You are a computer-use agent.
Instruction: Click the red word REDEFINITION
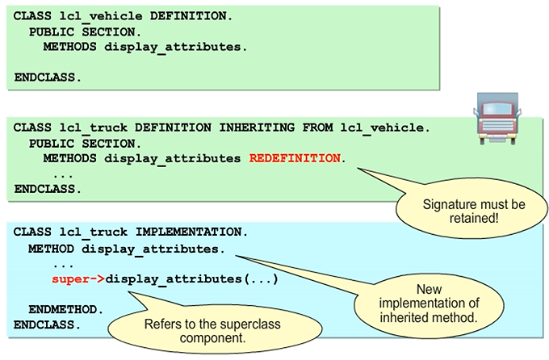[295, 158]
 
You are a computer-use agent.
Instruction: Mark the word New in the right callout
[430, 287]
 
